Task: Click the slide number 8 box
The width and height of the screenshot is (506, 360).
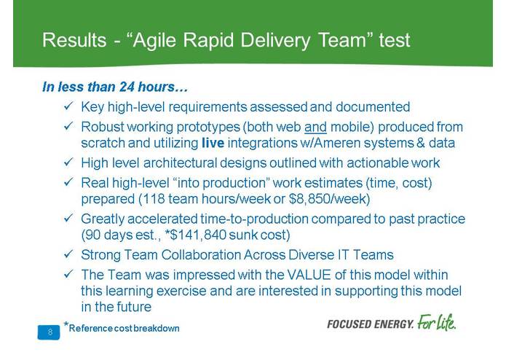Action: point(50,332)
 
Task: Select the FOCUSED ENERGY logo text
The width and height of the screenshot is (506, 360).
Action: point(370,323)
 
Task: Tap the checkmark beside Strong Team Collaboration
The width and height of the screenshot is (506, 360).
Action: point(68,255)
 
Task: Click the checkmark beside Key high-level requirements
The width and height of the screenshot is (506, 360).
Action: point(68,107)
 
